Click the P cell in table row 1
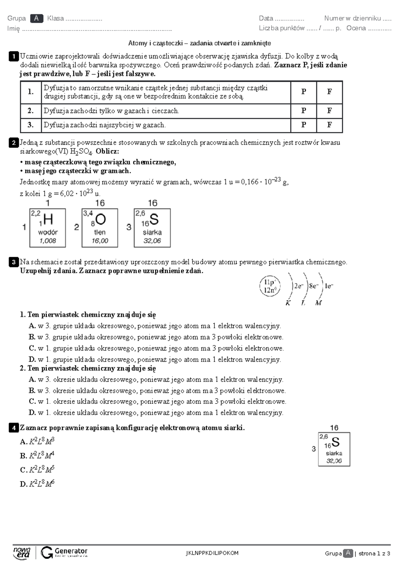[x=304, y=92]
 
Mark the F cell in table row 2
[x=329, y=111]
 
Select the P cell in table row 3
[x=304, y=125]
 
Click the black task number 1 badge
[x=13, y=57]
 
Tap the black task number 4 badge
[x=13, y=428]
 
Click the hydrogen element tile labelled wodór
[x=48, y=228]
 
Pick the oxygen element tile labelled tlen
[x=100, y=228]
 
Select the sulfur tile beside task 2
[x=152, y=228]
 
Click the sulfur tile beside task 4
[x=334, y=449]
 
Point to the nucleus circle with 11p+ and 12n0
[x=270, y=286]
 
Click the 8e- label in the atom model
[x=314, y=286]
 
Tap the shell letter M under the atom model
[x=318, y=303]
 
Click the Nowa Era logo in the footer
[x=22, y=553]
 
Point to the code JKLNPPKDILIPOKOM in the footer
[x=212, y=553]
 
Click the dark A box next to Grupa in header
[x=36, y=18]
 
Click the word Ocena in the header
[x=356, y=28]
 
